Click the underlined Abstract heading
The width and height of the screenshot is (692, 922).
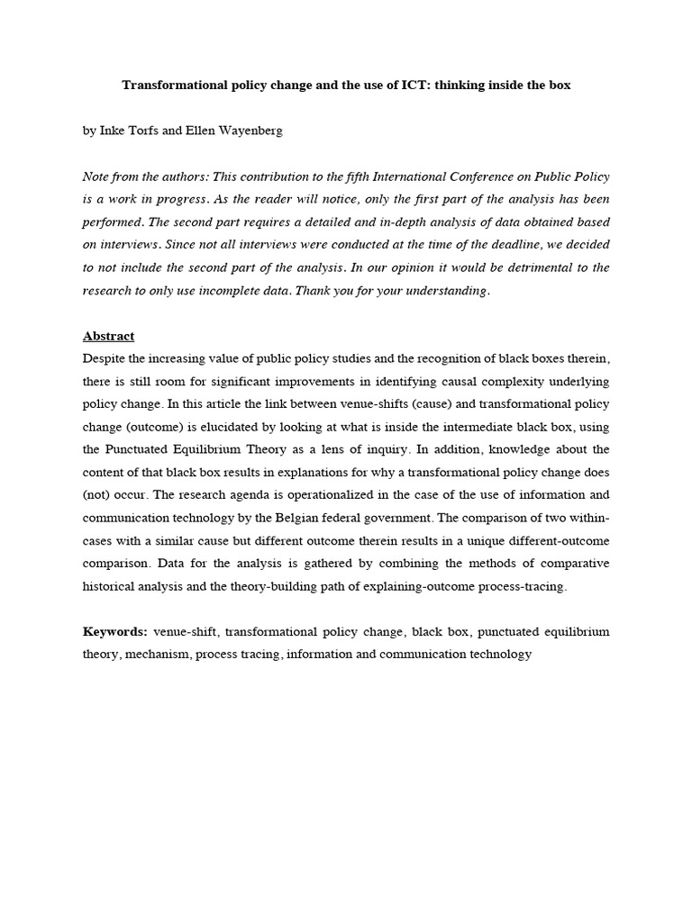tap(108, 336)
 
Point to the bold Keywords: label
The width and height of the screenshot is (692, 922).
tap(115, 632)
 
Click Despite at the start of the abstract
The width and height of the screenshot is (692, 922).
tap(105, 358)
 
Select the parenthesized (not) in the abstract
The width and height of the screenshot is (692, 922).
tap(96, 495)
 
